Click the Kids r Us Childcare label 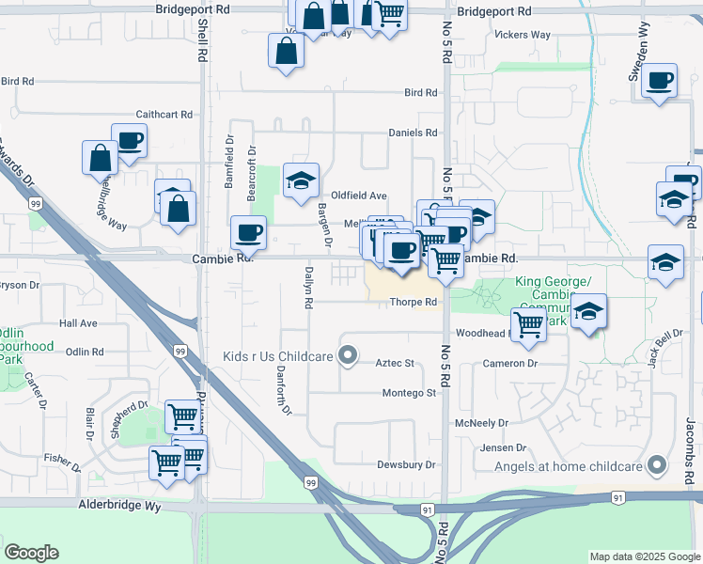point(277,356)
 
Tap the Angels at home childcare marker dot point(657,465)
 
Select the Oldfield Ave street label point(359,196)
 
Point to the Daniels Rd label point(413,133)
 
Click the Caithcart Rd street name point(164,114)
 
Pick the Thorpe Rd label point(414,302)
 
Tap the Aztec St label point(395,363)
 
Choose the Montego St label point(409,393)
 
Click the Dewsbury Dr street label point(407,464)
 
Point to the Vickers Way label point(523,35)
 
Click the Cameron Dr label point(509,363)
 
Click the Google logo point(31,553)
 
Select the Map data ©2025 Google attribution point(644,556)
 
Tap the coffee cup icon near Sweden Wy point(661,81)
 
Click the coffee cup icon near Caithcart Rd point(130,141)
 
